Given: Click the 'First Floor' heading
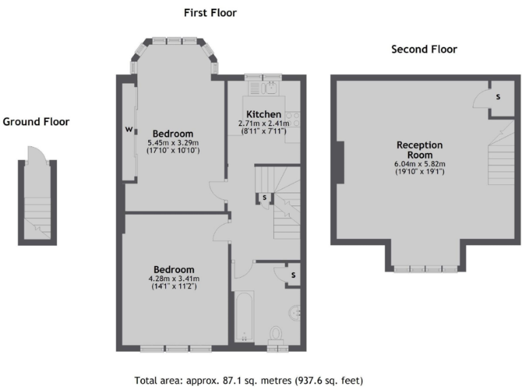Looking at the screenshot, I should [x=210, y=13].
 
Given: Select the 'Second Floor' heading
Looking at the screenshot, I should [x=424, y=49].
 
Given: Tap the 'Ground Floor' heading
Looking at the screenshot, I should [x=36, y=122].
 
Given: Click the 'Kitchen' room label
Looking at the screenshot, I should [x=263, y=114].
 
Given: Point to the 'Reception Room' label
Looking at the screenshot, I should [x=419, y=150].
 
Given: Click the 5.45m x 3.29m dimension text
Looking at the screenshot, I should [x=173, y=143].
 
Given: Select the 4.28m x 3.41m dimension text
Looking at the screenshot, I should [x=173, y=278].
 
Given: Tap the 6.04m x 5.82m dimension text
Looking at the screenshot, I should [x=419, y=164].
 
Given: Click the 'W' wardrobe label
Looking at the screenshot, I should [x=128, y=129].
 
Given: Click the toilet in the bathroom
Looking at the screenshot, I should [x=276, y=333].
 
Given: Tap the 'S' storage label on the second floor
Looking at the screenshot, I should [x=498, y=97].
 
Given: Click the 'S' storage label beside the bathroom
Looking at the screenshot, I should [x=292, y=274].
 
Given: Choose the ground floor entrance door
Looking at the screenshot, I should [x=35, y=155].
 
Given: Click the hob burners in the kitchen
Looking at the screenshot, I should [x=294, y=120].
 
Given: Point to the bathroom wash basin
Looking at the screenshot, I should [x=294, y=312].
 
